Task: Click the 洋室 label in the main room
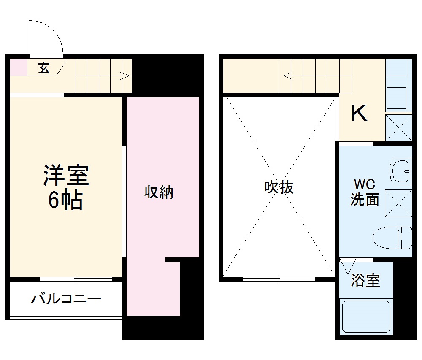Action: [65, 176]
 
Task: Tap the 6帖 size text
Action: [65, 201]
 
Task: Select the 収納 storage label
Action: [159, 193]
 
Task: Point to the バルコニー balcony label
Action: [66, 299]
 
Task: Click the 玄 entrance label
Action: [44, 68]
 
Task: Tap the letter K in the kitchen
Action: [359, 113]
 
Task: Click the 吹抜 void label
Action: [279, 187]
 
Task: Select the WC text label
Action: [364, 185]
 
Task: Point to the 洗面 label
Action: [365, 199]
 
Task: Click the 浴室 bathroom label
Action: [365, 281]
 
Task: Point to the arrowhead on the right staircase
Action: [288, 76]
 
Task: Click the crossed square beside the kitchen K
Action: [398, 127]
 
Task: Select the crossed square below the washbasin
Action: [398, 203]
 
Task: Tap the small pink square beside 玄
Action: [18, 67]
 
